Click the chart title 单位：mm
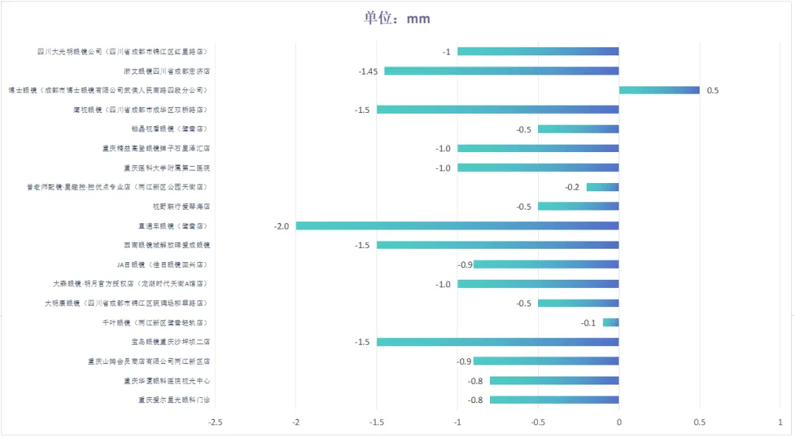[396, 18]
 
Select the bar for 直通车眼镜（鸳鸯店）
[458, 226]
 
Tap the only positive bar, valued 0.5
[659, 90]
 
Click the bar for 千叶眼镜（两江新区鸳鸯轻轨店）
[611, 323]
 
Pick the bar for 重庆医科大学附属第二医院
[538, 168]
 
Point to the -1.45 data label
[368, 72]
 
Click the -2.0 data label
[280, 226]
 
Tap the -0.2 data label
[572, 187]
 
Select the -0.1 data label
[588, 323]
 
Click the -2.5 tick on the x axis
[215, 422]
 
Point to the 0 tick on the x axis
[619, 422]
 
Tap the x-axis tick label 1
[780, 422]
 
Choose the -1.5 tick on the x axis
[376, 422]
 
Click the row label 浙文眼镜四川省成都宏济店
[167, 72]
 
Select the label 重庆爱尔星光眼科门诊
[174, 400]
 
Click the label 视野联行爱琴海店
[182, 207]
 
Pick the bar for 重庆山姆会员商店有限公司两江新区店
[546, 361]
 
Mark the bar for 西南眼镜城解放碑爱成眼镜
[498, 245]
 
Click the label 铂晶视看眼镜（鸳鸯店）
[170, 129]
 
